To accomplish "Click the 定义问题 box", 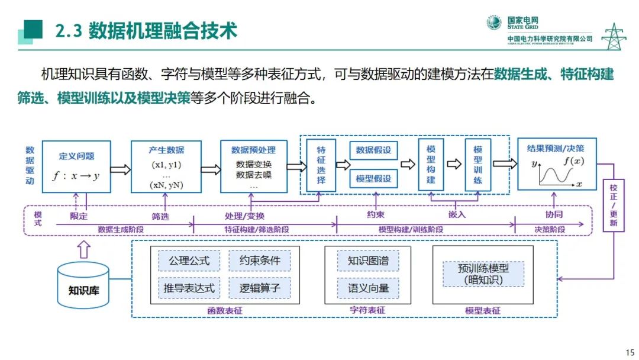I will coord(77,166).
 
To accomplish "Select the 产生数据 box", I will coord(166,166).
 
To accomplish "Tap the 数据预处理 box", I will coord(254,166).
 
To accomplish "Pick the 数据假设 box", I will coord(373,150).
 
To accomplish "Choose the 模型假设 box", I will coord(373,178).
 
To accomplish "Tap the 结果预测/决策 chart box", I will coord(556,164).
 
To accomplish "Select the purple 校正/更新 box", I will coord(613,205).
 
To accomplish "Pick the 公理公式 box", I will coord(185,261).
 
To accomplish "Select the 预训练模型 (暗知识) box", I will coord(483,274).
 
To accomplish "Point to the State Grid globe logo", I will coord(494,22).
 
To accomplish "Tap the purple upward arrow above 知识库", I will coord(84,249).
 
